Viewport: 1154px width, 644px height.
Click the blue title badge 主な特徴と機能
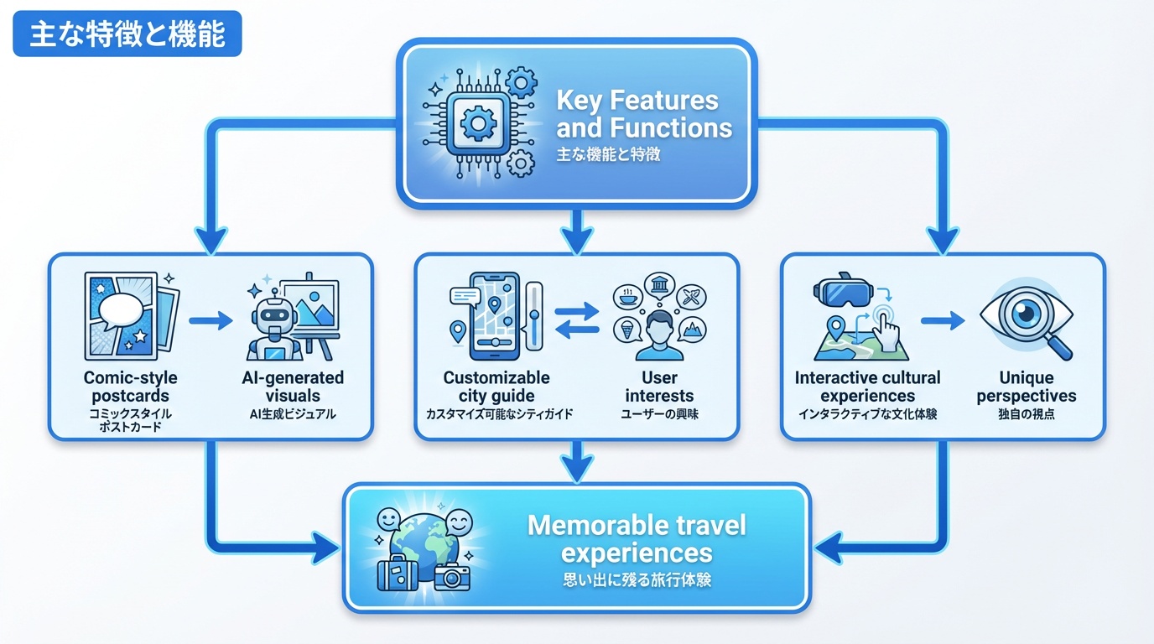point(127,34)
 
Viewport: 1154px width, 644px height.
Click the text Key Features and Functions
point(643,114)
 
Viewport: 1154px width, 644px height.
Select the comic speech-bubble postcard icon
point(128,316)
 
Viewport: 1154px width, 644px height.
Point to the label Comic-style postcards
point(130,387)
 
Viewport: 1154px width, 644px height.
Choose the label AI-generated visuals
point(293,387)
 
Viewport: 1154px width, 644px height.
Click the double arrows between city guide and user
point(578,322)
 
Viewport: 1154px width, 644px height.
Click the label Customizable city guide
point(496,387)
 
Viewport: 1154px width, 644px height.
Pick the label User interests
point(660,387)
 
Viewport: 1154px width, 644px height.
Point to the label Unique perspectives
point(1027,387)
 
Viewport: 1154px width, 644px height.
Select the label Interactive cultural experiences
point(868,387)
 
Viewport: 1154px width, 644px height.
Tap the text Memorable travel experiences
point(636,539)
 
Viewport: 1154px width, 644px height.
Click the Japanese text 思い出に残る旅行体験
point(636,579)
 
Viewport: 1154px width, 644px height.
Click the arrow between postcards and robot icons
point(211,319)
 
